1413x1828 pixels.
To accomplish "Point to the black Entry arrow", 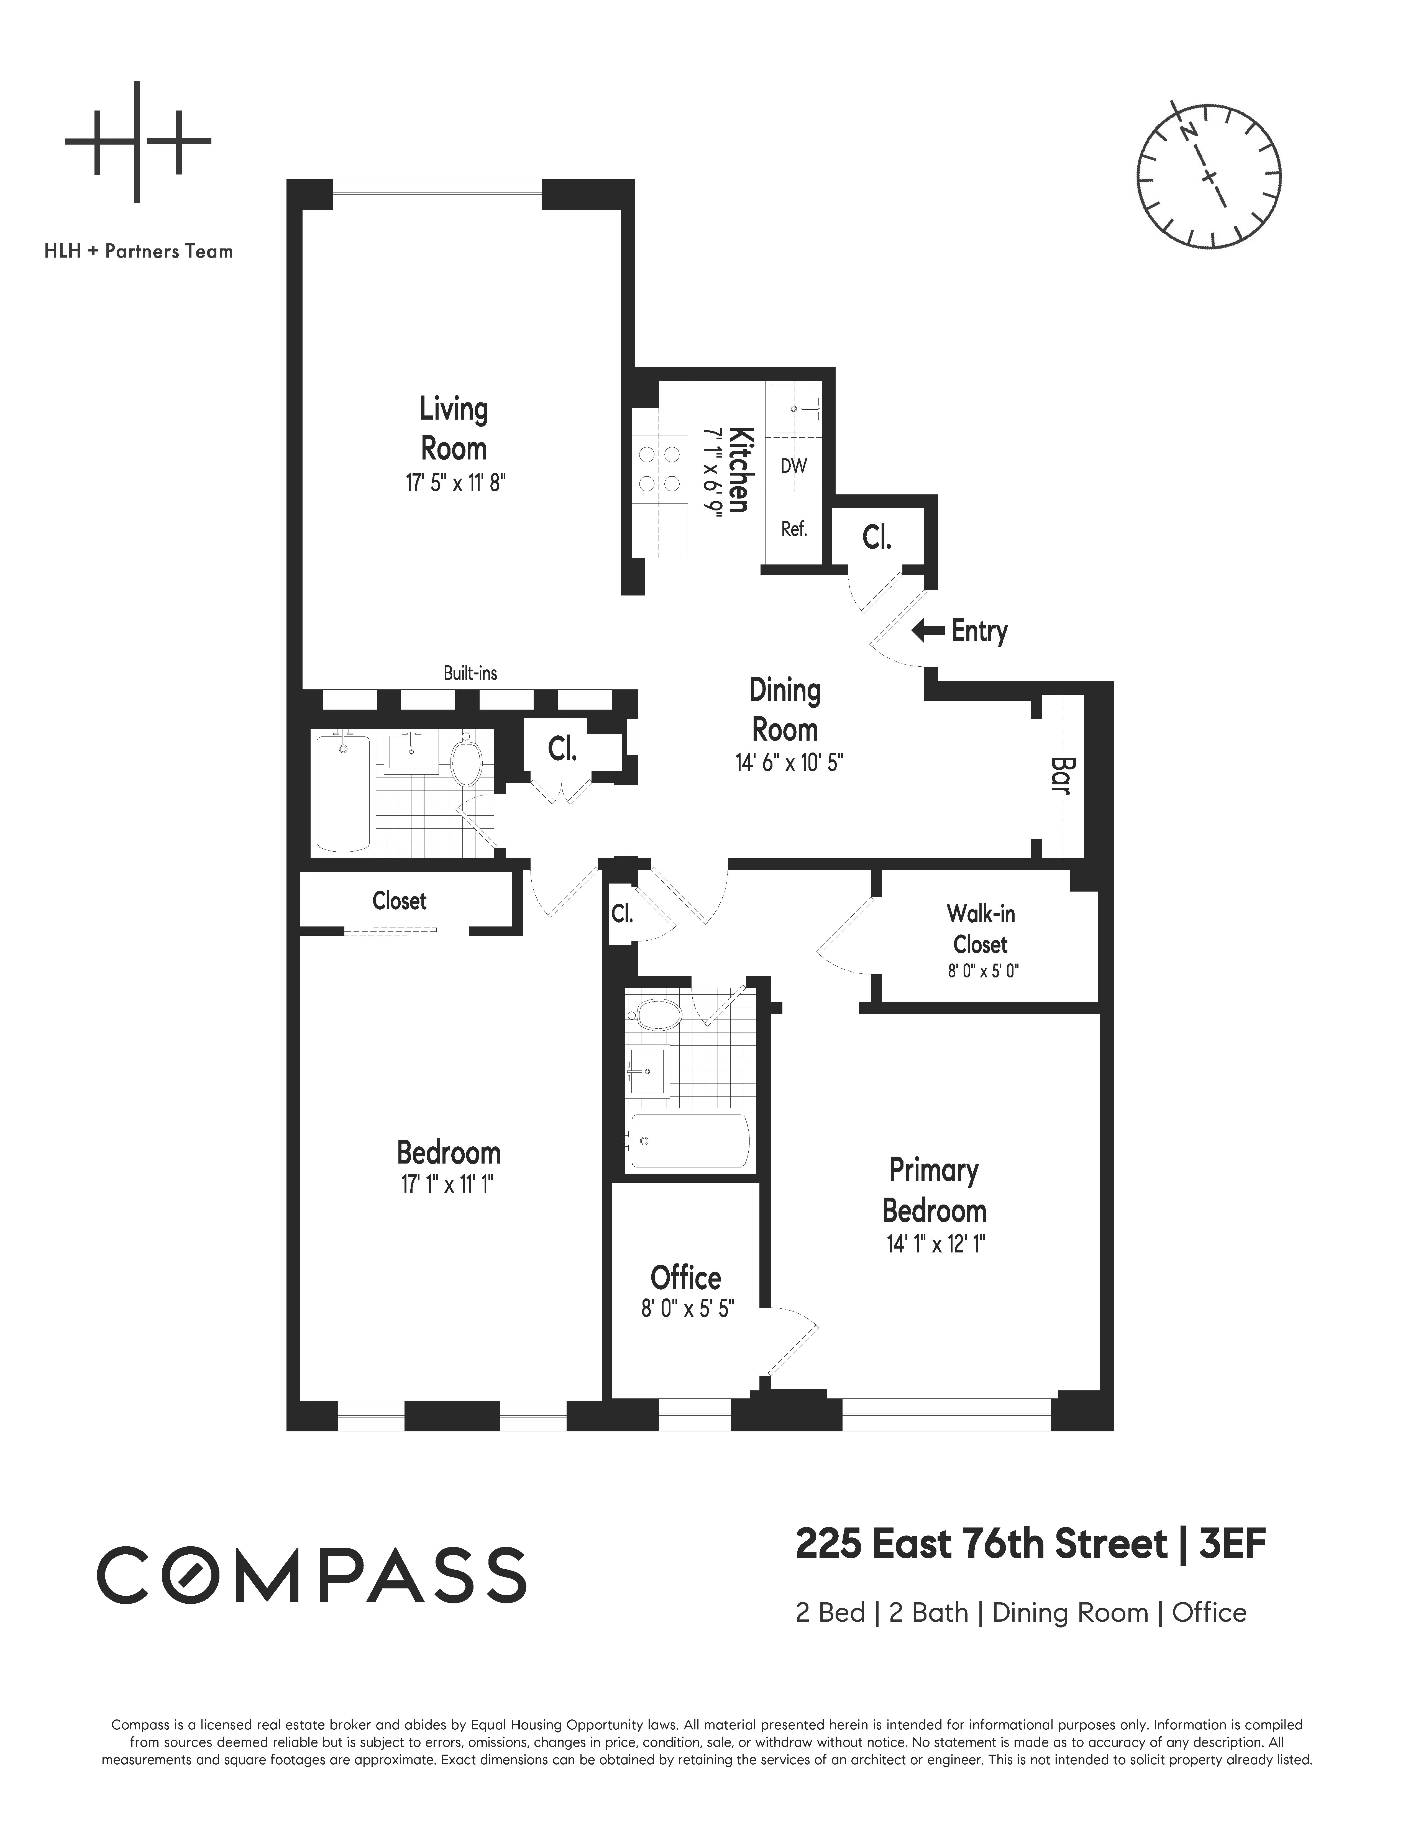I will point(928,630).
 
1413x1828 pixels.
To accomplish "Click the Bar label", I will point(1061,775).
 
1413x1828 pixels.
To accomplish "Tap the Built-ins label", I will point(470,673).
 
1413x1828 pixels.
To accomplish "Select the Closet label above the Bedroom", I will point(399,901).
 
